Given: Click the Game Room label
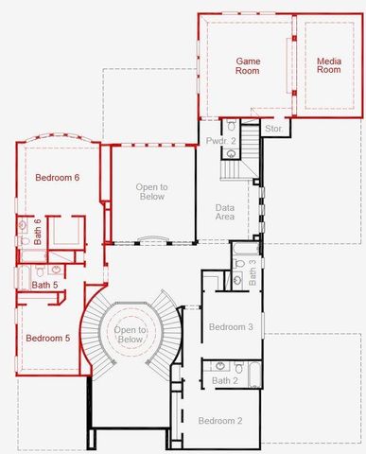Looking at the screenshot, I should point(248,65).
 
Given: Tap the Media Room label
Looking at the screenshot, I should point(328,65).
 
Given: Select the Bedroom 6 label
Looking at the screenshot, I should point(57,178).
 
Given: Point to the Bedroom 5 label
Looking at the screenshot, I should point(47,338).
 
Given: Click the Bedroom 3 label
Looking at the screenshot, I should point(231,326).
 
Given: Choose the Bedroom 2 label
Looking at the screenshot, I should point(219,420).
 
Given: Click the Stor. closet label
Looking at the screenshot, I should point(274,127).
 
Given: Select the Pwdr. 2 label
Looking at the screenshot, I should point(220,141).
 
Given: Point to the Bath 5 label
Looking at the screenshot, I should point(45,285).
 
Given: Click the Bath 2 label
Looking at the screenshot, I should point(225,380).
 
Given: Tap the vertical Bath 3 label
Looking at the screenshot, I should point(253,272).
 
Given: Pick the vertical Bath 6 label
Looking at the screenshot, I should point(39,230).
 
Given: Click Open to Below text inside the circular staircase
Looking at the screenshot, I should point(131,333).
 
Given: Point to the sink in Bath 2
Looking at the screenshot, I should point(220,365).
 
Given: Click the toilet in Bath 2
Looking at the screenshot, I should point(240,367).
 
